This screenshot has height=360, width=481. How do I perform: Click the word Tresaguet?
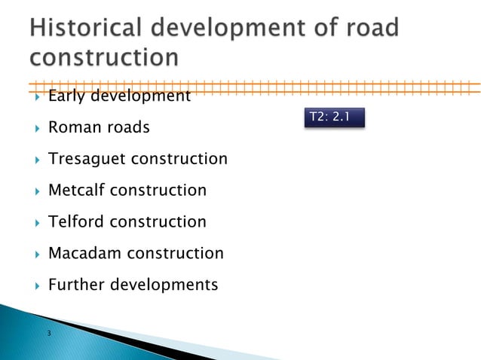coord(87,159)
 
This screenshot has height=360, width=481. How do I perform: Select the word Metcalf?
coord(76,191)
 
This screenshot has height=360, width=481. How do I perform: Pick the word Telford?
coord(74,222)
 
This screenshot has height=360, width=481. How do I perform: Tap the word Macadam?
coord(84,254)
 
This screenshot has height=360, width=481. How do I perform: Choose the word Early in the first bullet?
coord(66,96)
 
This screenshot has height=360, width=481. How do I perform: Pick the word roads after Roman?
coord(128,127)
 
